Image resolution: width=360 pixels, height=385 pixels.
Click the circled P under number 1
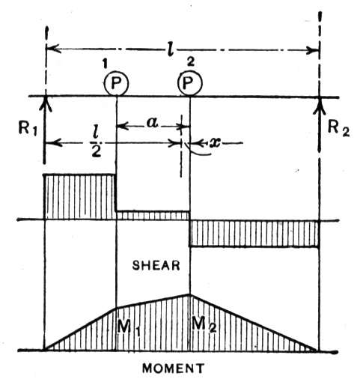point(116,83)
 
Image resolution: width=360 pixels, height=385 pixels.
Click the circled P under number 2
point(190,83)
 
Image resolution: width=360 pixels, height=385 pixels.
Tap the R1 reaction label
point(28,129)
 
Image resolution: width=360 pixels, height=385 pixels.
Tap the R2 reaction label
point(338,128)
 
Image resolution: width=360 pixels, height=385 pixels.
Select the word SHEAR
point(156,265)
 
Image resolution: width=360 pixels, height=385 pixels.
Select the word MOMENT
point(173,369)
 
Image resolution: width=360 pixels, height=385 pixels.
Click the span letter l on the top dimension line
point(171,49)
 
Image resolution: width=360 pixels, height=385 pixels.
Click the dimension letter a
point(153,123)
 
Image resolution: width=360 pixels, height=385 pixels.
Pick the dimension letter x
point(215,143)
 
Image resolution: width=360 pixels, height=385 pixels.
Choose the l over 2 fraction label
point(97,143)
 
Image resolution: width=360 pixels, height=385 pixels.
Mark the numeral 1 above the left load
point(105,64)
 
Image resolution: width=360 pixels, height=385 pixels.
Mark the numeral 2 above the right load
point(190,62)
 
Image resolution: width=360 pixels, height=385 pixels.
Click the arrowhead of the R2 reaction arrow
point(320,105)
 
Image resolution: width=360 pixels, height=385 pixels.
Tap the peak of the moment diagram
point(190,294)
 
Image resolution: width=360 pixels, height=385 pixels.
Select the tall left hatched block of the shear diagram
point(80,197)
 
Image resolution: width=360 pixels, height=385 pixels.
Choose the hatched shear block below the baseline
point(254,234)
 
